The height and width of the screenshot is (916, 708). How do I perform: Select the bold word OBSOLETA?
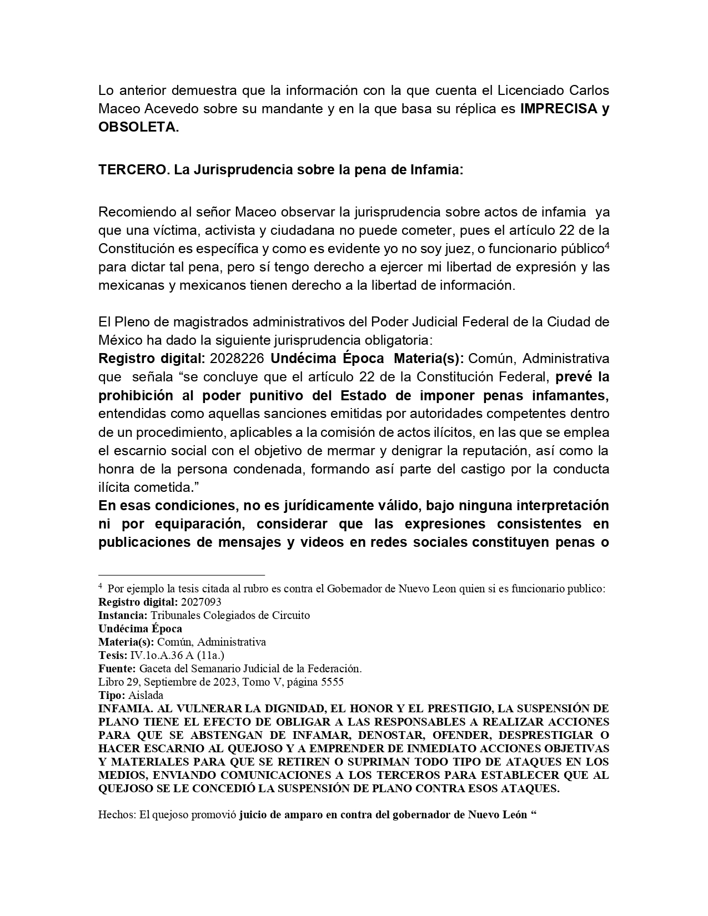click(138, 127)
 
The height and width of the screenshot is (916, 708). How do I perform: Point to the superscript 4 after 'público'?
click(607, 244)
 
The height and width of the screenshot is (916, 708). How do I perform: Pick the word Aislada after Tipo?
click(145, 695)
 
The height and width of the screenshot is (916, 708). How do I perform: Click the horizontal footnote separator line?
click(182, 575)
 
